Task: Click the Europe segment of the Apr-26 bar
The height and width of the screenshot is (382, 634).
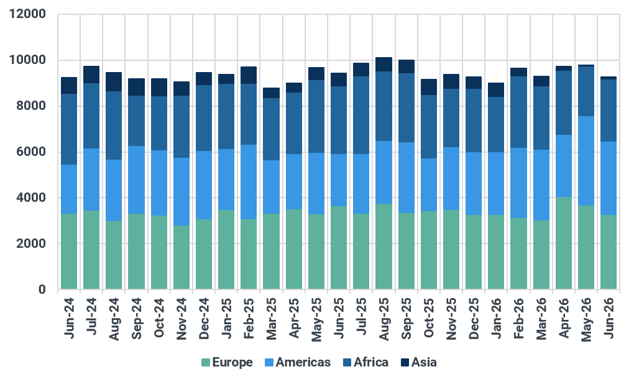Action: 564,243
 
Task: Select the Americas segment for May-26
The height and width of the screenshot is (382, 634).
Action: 586,161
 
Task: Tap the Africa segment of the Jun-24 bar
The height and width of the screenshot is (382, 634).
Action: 69,129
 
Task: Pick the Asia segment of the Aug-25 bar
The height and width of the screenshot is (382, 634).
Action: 384,64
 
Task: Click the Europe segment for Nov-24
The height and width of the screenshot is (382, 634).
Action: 181,258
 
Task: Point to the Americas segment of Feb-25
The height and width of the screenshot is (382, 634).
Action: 249,182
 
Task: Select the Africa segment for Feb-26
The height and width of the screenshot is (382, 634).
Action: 519,112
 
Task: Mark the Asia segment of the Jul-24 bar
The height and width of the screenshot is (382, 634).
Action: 91,75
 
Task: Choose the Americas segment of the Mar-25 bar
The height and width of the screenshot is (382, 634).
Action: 271,187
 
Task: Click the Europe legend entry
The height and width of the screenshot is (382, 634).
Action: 227,362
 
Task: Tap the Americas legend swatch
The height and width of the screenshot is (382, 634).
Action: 269,363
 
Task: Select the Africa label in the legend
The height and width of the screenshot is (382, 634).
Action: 371,362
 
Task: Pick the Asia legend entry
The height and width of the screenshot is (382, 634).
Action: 419,362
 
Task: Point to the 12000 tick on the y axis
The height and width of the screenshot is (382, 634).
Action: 27,14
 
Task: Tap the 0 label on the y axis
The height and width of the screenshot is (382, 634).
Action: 42,289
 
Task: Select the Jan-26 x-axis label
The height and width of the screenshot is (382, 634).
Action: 496,318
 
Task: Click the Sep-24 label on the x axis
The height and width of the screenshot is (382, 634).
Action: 137,319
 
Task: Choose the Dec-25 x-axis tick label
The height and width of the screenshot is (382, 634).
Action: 474,319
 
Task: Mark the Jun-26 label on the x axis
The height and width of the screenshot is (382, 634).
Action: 609,318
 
